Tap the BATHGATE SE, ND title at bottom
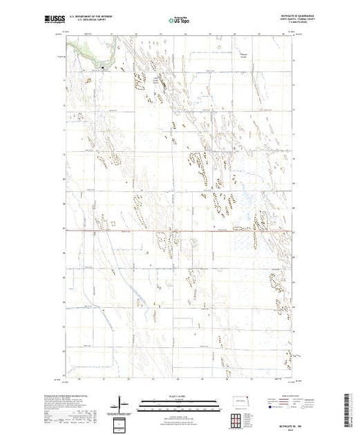click(x=278, y=414)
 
